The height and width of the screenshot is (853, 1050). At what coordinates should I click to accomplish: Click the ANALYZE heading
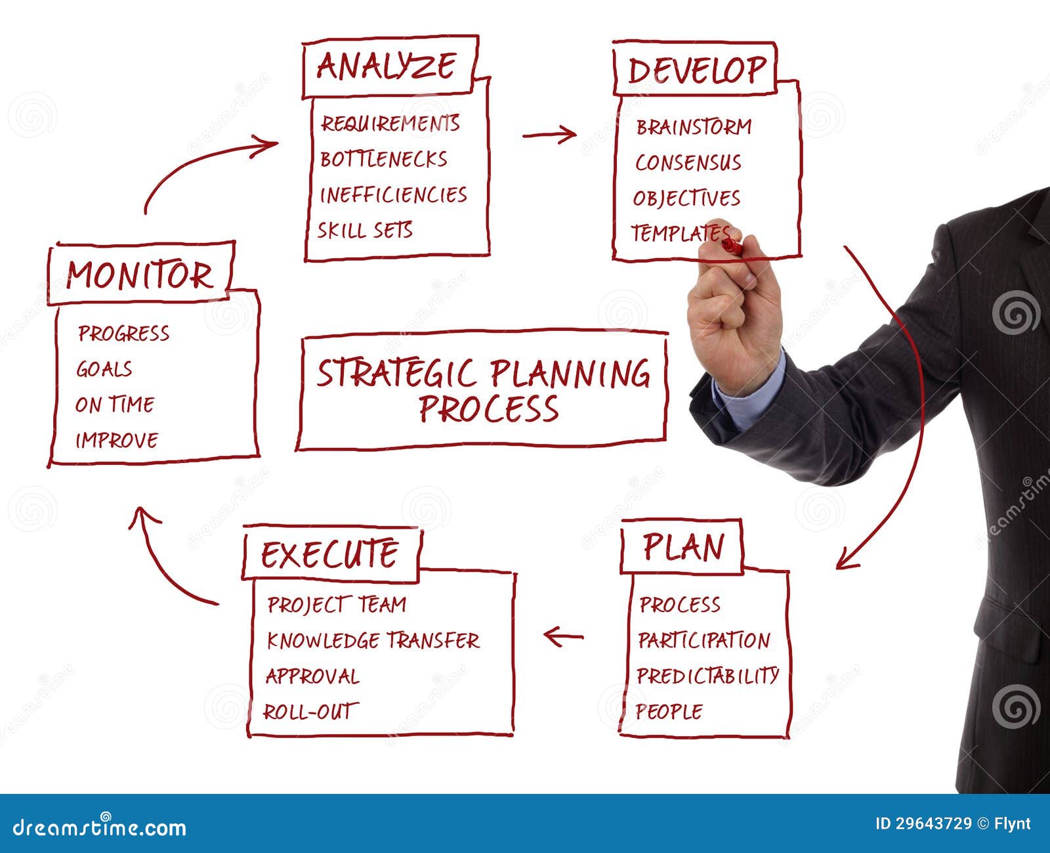click(386, 66)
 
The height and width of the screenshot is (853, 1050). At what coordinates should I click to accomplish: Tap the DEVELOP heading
click(697, 70)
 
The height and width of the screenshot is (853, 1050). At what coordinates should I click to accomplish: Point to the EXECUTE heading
click(329, 554)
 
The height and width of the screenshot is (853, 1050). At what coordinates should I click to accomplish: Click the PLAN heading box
click(682, 546)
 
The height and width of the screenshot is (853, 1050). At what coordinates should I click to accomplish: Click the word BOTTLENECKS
click(383, 160)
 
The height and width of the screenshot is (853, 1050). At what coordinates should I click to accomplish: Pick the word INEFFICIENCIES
click(393, 195)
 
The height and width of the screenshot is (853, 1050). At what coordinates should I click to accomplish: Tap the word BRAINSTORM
click(694, 127)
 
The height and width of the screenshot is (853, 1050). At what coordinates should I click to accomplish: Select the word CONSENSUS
click(688, 162)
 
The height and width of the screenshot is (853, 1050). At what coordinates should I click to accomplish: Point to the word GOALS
click(104, 369)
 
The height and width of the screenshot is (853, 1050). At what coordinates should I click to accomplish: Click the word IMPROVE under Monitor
click(117, 440)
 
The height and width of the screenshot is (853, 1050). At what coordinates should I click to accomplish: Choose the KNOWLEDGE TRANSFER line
click(373, 640)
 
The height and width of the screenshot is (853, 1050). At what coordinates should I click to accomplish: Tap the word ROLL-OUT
click(310, 711)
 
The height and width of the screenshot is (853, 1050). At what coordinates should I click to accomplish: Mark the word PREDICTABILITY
click(708, 676)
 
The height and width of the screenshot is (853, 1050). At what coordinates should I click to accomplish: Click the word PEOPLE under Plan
click(669, 711)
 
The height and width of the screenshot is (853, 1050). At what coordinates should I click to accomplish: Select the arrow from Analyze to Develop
click(549, 134)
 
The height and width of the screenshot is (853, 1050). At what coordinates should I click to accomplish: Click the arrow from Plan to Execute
click(564, 636)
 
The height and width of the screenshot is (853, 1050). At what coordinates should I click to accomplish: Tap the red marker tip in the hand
click(732, 246)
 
